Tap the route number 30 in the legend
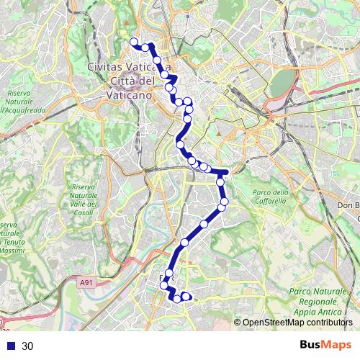coord(27,346)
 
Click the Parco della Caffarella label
coord(270,196)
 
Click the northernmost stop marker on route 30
coord(133,42)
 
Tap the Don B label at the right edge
coord(348,205)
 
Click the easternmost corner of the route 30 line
coord(227,172)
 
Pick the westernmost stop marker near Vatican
coord(133,42)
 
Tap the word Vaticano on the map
coord(130,94)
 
